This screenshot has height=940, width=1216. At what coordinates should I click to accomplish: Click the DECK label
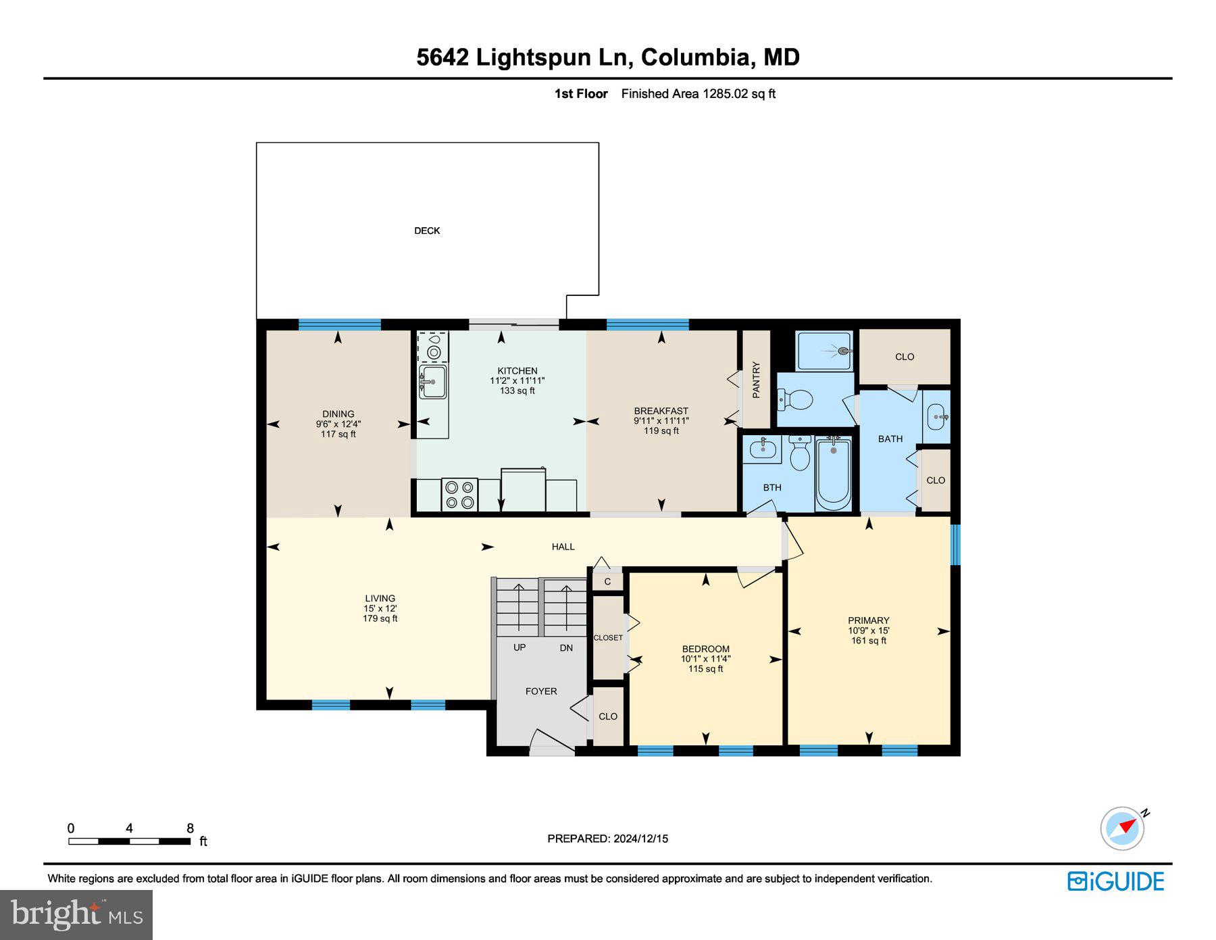427,230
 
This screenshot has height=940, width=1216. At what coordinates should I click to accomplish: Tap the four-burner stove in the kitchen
459,494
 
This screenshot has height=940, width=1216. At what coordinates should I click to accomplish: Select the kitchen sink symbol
432,382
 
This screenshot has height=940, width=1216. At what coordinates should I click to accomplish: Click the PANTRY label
756,379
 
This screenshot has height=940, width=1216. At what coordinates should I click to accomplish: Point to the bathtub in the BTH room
833,474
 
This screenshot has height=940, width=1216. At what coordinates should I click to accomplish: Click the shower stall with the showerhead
824,351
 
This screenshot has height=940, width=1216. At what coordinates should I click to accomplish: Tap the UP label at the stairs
519,647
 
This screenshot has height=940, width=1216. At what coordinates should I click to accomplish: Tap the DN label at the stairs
566,647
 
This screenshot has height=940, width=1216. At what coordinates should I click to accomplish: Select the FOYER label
541,691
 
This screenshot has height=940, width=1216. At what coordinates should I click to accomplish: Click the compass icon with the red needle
1123,828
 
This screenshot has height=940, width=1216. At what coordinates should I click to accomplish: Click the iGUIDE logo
1115,881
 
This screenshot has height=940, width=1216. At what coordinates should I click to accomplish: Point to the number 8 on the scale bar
190,828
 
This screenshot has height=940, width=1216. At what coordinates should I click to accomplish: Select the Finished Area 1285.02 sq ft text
698,94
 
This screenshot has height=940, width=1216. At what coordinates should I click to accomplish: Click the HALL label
563,547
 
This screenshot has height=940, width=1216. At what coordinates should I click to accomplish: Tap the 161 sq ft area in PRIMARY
869,641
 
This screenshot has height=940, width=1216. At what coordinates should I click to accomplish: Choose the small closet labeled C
607,582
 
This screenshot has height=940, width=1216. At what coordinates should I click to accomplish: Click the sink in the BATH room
936,417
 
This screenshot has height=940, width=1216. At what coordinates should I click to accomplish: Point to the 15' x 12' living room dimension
380,608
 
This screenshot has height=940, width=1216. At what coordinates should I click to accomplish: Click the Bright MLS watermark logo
76,914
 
